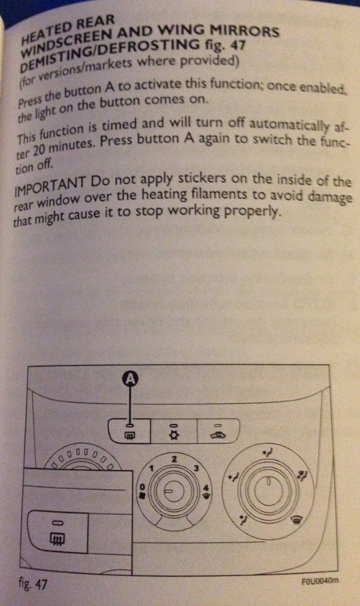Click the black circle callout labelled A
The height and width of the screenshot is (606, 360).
[132, 379]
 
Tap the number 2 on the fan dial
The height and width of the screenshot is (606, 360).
[174, 459]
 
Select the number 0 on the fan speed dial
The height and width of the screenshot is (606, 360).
[141, 487]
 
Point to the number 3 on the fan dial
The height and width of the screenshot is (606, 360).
[196, 468]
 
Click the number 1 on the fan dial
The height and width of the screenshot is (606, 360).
[151, 468]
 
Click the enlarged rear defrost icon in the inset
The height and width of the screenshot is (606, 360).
[57, 538]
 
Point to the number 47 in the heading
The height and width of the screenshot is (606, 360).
[237, 45]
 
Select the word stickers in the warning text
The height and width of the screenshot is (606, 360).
[202, 179]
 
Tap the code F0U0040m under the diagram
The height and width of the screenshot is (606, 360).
[319, 581]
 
